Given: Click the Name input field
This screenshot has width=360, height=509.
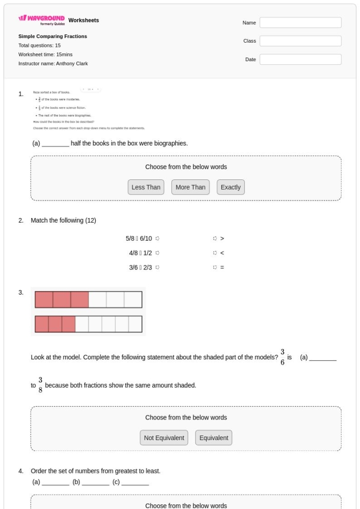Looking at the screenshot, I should (300, 23).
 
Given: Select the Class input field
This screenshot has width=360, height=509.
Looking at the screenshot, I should (300, 41).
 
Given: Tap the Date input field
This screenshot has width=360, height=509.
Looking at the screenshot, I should (300, 60).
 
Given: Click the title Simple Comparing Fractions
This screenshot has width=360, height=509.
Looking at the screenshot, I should (52, 37).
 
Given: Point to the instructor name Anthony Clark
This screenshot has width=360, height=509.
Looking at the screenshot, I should (53, 64).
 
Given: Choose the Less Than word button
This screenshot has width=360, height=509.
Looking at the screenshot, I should (146, 188).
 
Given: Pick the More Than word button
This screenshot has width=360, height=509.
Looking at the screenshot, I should (190, 188).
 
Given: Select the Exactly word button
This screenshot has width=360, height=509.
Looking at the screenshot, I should (230, 188).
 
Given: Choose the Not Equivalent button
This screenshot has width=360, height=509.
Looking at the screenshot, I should (164, 438).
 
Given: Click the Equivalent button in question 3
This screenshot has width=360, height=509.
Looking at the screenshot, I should (214, 438).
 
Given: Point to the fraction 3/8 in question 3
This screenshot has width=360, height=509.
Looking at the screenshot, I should (41, 385).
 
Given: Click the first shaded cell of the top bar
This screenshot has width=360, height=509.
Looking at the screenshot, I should (44, 300).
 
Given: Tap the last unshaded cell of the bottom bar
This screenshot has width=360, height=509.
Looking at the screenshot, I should (135, 324).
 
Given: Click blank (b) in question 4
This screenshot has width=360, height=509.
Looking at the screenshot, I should (95, 483).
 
